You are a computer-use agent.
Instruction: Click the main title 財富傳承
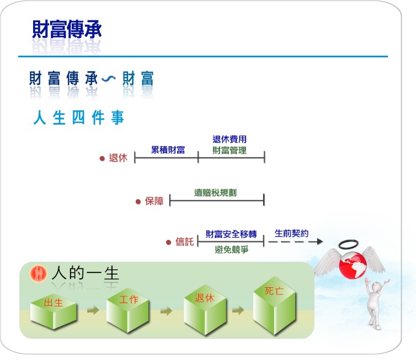click(x=67, y=29)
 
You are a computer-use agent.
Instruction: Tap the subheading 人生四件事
click(x=78, y=117)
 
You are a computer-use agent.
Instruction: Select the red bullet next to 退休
click(x=102, y=159)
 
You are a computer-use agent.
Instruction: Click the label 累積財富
click(x=168, y=150)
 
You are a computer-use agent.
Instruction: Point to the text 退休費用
click(x=230, y=139)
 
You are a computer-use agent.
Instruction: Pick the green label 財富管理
click(x=230, y=151)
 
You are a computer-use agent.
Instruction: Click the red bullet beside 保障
click(x=138, y=202)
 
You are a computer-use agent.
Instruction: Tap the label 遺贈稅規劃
click(x=215, y=192)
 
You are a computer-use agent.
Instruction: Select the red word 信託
click(x=185, y=242)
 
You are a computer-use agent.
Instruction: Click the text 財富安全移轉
click(x=231, y=234)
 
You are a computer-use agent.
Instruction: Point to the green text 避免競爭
click(x=232, y=249)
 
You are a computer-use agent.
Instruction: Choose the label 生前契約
click(x=291, y=233)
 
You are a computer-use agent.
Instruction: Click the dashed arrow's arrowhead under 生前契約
click(x=320, y=241)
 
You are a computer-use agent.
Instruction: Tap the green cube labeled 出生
click(x=54, y=311)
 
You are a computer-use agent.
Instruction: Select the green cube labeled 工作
click(x=127, y=310)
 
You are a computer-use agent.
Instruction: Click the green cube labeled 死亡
click(x=274, y=305)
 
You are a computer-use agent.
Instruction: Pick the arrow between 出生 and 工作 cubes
click(x=93, y=310)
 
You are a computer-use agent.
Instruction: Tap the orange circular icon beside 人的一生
click(x=38, y=273)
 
